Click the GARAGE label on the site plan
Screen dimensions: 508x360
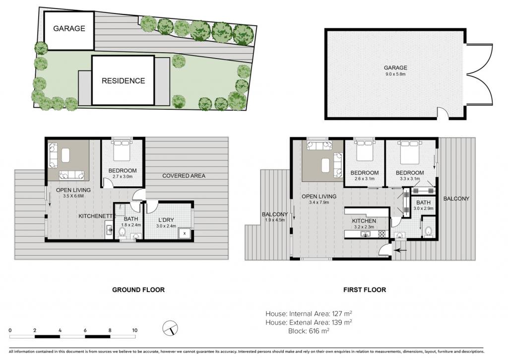(69, 28)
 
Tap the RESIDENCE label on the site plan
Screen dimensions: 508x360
(123, 81)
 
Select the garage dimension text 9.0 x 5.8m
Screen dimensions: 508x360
(395, 74)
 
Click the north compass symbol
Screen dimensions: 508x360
(170, 328)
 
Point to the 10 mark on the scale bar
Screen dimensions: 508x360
(135, 330)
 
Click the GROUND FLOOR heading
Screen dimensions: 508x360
(138, 289)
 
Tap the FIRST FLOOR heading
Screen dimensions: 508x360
(365, 289)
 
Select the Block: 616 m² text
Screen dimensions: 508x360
(309, 331)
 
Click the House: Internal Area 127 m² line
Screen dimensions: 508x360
(309, 314)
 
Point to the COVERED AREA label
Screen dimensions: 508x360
(184, 176)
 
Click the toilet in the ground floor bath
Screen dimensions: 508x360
(122, 231)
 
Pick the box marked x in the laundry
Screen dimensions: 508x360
(185, 233)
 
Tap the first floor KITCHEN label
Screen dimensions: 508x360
(364, 221)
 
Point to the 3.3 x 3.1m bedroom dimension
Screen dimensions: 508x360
(410, 178)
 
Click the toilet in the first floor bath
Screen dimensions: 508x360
(429, 231)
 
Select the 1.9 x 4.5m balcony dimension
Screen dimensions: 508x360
(275, 220)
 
